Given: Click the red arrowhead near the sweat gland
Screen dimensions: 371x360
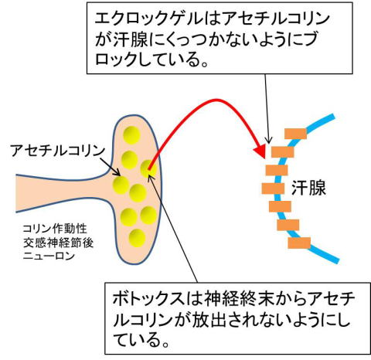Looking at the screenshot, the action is click(260, 151).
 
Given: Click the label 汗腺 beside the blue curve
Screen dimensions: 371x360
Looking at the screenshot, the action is click(308, 188).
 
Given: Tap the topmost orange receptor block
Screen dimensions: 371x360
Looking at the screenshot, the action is click(295, 134).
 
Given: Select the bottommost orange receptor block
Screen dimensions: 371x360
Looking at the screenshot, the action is click(299, 243).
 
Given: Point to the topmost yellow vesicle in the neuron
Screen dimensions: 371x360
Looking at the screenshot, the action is click(131, 135).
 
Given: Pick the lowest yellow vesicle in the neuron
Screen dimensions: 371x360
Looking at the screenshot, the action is click(137, 238).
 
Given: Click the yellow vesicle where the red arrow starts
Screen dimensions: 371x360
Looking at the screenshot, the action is click(148, 168).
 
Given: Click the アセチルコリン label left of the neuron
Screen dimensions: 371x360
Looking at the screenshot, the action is click(57, 151).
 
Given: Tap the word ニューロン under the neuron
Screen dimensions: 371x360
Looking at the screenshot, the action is click(49, 256).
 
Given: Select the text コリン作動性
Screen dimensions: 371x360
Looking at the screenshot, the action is click(55, 229).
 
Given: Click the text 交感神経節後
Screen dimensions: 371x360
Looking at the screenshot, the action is click(58, 243).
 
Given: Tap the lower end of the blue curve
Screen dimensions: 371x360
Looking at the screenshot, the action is click(337, 260).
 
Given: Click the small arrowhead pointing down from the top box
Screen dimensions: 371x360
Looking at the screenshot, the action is click(269, 141).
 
